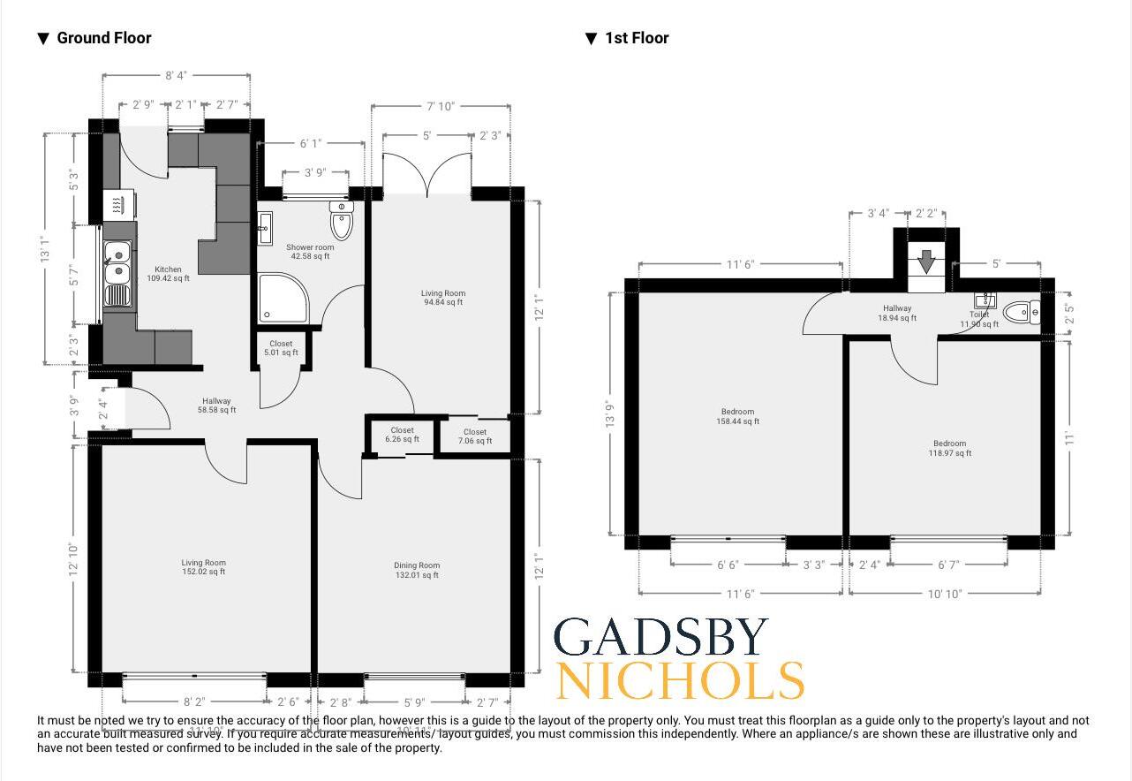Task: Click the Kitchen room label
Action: pos(168,274)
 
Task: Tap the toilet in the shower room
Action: pos(342,220)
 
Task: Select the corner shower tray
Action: pos(282,300)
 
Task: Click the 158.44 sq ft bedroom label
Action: pos(737,416)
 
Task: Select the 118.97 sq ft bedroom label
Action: pos(949,448)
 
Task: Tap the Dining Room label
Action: pos(417,570)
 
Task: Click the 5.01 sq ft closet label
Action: pos(281,348)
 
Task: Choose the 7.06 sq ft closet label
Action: pos(474,436)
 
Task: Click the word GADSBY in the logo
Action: pos(660,639)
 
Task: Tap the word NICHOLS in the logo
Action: pos(680,680)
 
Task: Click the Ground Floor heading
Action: pos(103,38)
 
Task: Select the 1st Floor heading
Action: pos(637,38)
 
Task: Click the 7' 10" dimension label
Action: pos(440,106)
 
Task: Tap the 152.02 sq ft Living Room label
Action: pos(203,567)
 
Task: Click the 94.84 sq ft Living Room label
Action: pos(443,298)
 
